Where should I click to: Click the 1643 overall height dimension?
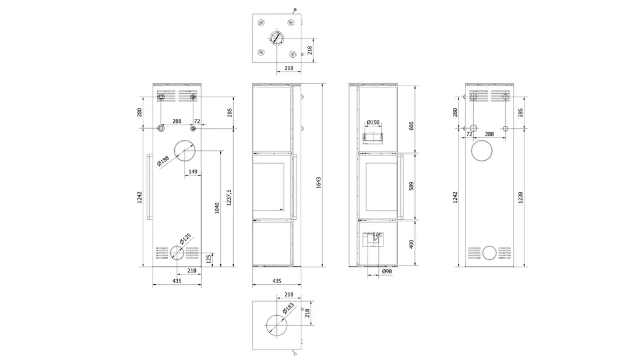[318, 182]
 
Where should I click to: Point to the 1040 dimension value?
[217, 207]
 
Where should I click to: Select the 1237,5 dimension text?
[229, 197]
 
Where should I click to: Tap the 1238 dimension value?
[520, 198]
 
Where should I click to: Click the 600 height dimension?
[411, 126]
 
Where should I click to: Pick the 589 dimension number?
[411, 186]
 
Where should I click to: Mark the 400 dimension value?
[411, 244]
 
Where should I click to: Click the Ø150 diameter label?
[373, 122]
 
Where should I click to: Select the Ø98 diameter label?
[387, 271]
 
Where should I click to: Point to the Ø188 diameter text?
[163, 161]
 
